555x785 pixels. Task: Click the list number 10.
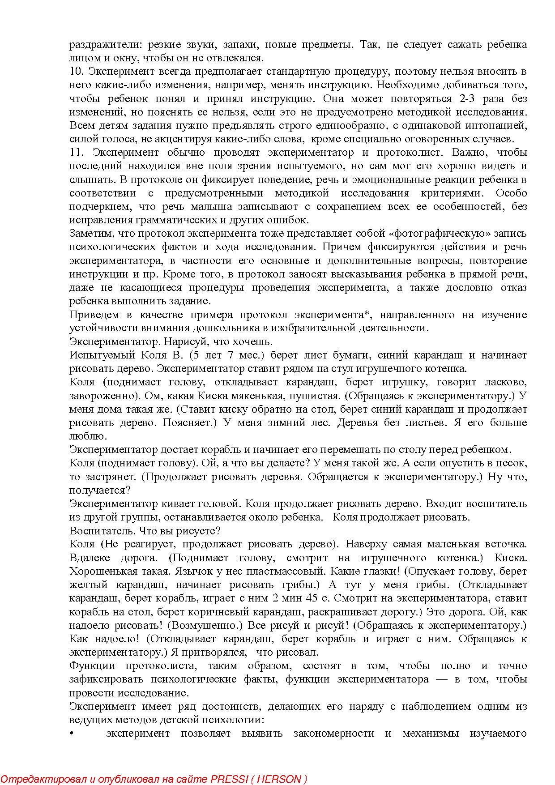point(76,72)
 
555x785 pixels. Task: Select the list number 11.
point(76,153)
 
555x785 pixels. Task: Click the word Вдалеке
point(88,558)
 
